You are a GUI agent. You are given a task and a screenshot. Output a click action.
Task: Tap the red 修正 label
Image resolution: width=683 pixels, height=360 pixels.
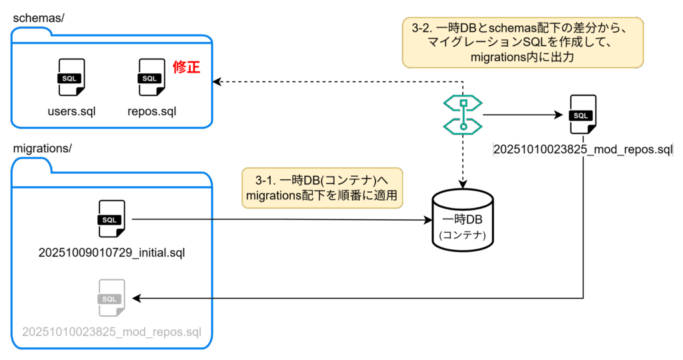tap(187, 67)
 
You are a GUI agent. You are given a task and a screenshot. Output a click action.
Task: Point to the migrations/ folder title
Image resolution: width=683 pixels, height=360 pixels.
tap(41, 147)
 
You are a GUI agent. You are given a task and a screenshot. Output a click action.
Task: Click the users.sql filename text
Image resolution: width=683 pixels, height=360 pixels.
tap(71, 111)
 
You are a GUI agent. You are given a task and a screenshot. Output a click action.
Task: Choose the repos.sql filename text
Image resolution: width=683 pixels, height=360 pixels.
tap(152, 111)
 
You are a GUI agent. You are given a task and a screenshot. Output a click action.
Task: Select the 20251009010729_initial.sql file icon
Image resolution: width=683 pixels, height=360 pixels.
tap(111, 218)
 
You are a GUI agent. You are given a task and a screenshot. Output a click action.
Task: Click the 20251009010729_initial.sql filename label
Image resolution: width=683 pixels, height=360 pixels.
tap(111, 253)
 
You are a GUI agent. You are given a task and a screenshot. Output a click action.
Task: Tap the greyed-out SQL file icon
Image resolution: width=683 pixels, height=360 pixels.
tap(111, 297)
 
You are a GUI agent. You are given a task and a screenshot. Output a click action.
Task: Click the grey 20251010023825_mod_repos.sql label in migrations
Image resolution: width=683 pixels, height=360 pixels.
tap(111, 331)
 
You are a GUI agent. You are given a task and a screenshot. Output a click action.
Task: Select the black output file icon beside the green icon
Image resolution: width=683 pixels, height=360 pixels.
tap(582, 115)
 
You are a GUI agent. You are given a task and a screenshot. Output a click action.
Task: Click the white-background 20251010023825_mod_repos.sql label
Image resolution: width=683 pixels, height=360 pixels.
tap(583, 149)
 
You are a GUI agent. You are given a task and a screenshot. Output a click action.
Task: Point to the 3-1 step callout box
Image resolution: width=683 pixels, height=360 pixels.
tap(323, 188)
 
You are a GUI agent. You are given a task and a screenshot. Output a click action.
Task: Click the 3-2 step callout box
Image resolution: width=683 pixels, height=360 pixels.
tap(523, 42)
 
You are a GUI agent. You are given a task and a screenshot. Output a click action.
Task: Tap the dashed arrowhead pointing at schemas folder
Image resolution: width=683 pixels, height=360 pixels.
tap(217, 82)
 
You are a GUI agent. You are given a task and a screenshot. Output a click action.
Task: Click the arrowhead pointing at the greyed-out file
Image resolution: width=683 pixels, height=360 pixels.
tap(137, 297)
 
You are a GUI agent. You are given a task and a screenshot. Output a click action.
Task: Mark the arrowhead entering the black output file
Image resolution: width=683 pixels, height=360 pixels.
tap(561, 115)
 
